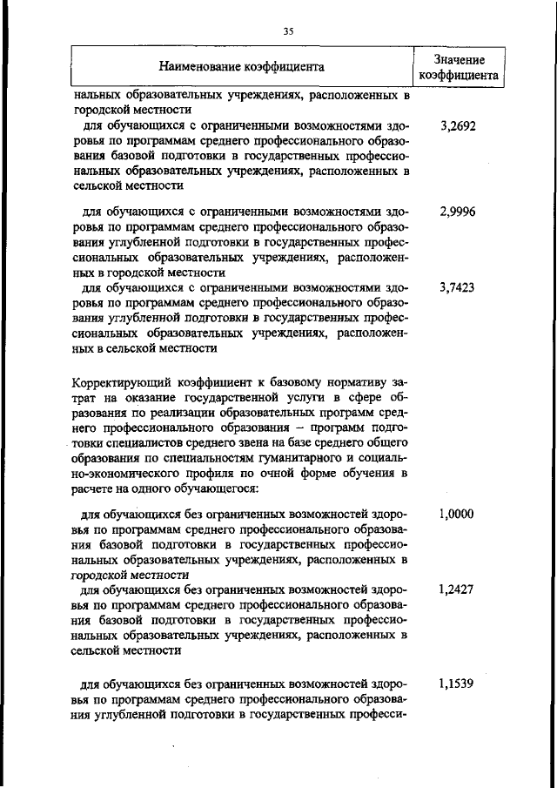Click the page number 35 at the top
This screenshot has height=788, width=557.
[289, 31]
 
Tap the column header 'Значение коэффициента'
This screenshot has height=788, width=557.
[459, 66]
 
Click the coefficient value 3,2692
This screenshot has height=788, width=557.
[458, 126]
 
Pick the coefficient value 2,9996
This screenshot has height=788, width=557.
[458, 212]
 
